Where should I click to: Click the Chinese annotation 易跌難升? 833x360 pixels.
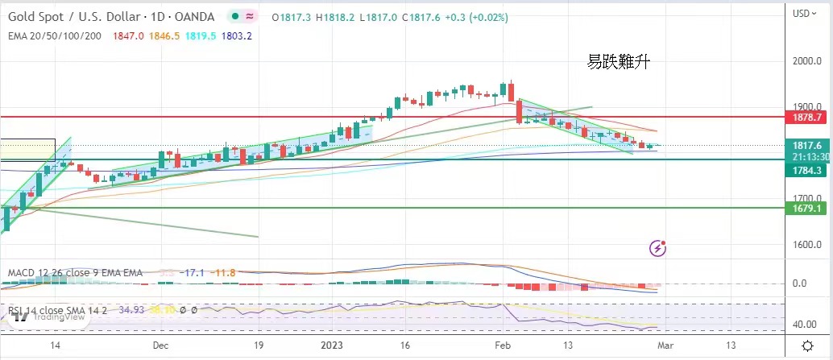point(617,60)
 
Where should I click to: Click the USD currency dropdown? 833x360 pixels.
point(803,13)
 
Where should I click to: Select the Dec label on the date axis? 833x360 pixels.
point(160,345)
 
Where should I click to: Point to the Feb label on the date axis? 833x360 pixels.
point(502,345)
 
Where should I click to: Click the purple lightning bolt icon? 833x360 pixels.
point(658,248)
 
